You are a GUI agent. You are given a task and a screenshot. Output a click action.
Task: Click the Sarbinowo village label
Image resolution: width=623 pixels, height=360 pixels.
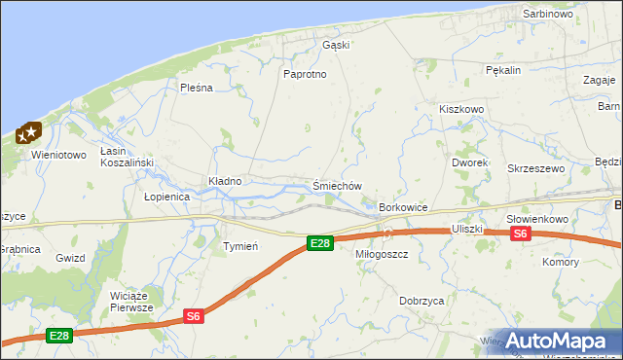548,15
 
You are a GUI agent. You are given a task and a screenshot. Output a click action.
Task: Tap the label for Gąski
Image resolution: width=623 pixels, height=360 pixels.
336,45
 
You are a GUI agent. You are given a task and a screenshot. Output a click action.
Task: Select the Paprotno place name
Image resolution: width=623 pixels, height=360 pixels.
304,74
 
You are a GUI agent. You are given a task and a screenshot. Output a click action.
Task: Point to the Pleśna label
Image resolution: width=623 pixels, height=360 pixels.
196,88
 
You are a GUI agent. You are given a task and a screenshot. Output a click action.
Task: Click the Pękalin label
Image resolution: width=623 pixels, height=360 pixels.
504,70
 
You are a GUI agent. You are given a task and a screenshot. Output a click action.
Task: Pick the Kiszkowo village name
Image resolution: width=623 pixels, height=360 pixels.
461,110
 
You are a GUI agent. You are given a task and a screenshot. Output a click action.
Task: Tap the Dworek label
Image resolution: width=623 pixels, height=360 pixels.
469,162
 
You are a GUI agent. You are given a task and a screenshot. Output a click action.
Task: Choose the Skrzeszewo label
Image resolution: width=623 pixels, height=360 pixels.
536,168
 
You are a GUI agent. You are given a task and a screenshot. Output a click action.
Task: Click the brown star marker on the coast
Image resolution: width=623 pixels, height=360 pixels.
31,131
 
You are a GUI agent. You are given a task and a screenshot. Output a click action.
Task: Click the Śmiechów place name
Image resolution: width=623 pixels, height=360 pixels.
338,186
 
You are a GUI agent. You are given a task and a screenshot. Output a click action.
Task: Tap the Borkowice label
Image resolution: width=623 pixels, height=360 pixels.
404,208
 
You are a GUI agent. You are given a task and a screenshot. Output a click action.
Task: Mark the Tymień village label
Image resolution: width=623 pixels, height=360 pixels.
240,246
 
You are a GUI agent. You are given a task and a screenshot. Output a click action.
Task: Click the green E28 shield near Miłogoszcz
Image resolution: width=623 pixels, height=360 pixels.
320,242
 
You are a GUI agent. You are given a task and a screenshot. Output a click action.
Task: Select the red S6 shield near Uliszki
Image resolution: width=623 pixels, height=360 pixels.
521,234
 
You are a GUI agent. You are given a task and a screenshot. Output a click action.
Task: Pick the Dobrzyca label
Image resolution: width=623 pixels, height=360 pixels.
421,302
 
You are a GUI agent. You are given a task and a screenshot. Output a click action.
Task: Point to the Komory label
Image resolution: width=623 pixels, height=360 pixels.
562,262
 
